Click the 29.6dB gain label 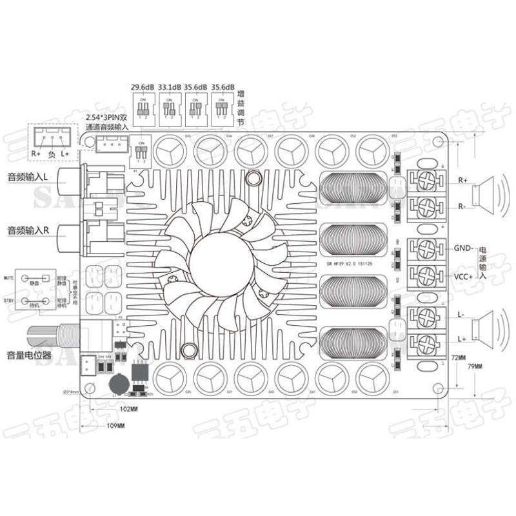(143, 86)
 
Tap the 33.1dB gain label (169, 86)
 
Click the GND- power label (463, 248)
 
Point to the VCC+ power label (463, 275)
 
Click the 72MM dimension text (458, 357)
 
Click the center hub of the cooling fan (219, 255)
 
